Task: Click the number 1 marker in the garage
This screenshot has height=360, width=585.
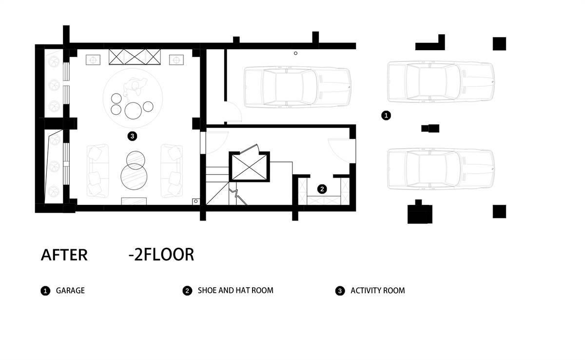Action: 386,115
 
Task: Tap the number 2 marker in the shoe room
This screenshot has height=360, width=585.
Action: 322,189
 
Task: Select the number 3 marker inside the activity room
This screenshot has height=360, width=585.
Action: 132,136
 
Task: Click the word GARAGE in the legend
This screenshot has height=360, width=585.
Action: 70,291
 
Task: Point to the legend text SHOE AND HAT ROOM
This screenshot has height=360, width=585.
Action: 235,291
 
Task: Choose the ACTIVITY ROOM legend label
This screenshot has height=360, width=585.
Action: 378,291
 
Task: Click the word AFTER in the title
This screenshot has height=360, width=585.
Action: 64,255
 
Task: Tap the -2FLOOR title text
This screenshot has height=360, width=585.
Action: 161,255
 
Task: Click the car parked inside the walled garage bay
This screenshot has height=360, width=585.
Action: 297,87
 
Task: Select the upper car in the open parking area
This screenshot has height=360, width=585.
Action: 441,82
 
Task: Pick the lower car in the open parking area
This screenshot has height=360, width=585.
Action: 441,169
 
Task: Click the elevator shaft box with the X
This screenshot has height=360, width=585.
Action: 250,167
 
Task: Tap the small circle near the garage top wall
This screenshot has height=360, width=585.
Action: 295,53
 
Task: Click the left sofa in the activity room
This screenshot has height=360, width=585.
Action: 98,171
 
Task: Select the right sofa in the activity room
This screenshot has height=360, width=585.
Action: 172,171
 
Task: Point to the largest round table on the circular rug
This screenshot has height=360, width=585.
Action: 133,111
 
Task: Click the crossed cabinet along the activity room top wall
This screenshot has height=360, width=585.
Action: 135,57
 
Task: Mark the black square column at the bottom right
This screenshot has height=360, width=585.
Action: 499,212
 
